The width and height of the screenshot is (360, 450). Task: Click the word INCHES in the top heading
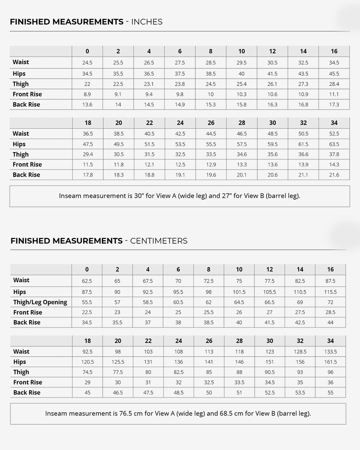[x=147, y=22]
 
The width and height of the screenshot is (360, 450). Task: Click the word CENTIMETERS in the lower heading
[x=159, y=241]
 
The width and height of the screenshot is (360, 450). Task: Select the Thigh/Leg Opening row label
[x=40, y=302]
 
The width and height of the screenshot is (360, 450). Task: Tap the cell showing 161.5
[x=330, y=362]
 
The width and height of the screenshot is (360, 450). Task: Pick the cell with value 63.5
[x=334, y=144]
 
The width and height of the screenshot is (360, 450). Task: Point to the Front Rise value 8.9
[x=87, y=94]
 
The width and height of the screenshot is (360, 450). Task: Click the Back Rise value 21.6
[x=334, y=175]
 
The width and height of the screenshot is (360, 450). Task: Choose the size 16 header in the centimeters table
[x=330, y=269]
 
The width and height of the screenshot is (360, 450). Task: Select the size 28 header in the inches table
[x=242, y=123]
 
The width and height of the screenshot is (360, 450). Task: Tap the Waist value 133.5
[x=330, y=352]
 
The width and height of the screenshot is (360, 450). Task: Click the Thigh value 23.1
[x=149, y=84]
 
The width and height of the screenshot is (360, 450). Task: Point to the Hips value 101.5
[x=239, y=292]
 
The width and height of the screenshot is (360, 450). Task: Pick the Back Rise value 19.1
[x=180, y=175]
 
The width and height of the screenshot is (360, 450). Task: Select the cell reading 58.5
[x=148, y=302]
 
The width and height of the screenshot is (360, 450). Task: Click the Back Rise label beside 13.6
[x=26, y=105]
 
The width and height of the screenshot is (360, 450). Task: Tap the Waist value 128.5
[x=300, y=352]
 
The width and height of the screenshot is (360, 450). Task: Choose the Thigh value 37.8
[x=334, y=154]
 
